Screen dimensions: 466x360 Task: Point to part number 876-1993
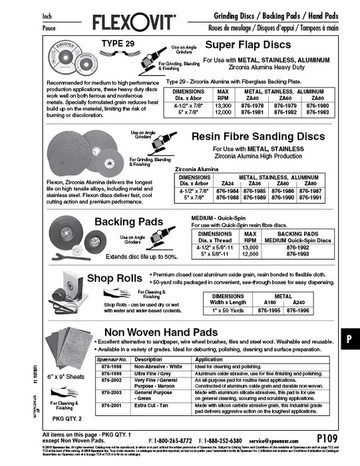(x=297, y=254)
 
